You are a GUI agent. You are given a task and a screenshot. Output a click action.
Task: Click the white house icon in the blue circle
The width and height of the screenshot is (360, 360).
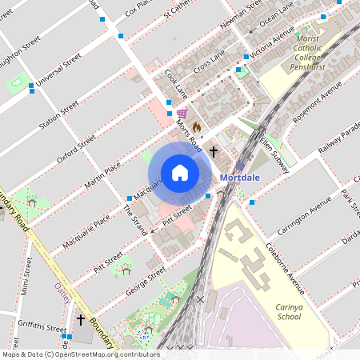(x=180, y=173)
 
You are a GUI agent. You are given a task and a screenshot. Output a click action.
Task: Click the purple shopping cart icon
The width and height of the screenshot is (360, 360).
(x=182, y=114)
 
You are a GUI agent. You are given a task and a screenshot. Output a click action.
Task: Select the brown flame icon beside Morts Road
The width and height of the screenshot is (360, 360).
(x=196, y=126)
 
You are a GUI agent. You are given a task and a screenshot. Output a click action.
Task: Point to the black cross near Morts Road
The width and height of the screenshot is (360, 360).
(x=214, y=150)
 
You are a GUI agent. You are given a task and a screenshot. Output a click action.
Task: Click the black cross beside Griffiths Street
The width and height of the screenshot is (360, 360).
(x=80, y=320)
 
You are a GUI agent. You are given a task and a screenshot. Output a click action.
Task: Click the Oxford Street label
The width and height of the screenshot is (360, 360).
(x=76, y=149)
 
